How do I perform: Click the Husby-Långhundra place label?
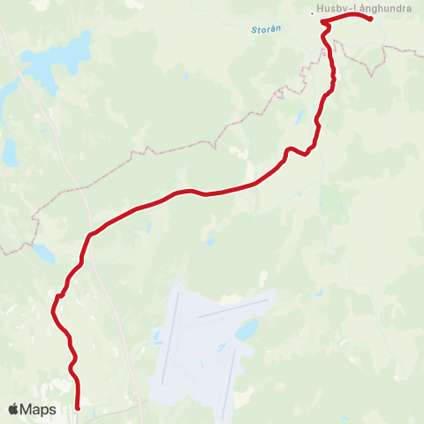click(364, 11)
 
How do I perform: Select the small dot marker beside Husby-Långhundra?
click(312, 12)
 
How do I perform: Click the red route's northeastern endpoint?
click(370, 19)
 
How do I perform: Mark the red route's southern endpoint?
click(79, 407)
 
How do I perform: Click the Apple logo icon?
click(14, 409)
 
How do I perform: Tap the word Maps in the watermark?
click(38, 409)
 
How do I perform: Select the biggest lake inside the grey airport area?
click(246, 330)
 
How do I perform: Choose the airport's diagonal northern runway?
click(233, 308)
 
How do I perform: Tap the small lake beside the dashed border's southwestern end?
click(42, 253)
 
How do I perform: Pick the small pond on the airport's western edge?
click(157, 337)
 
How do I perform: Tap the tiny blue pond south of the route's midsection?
click(211, 241)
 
